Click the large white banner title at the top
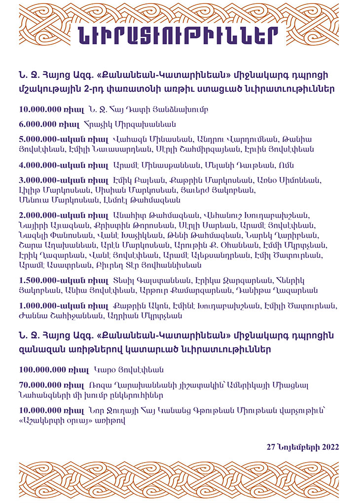(x=180, y=35)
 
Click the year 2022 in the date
(x=329, y=447)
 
